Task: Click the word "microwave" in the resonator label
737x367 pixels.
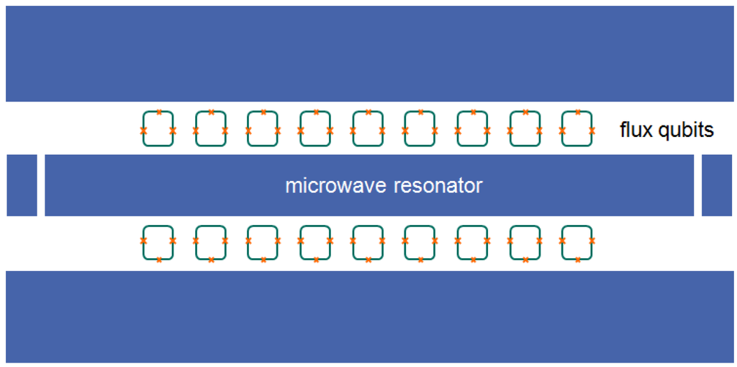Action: tap(335, 186)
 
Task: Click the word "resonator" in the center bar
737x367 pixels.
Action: tap(438, 186)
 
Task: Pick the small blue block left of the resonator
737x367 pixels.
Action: tap(22, 185)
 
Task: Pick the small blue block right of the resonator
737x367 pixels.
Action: tap(716, 185)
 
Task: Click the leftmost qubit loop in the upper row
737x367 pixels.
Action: tap(158, 129)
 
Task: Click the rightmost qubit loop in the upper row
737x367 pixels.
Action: tap(577, 129)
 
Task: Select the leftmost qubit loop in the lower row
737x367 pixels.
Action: tap(158, 242)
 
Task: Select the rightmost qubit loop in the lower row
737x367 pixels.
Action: tap(577, 242)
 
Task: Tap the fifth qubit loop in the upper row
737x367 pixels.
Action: tap(368, 129)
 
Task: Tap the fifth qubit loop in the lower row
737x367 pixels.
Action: tap(368, 242)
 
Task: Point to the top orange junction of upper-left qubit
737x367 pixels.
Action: tap(158, 112)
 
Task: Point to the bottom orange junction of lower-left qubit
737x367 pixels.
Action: tap(158, 260)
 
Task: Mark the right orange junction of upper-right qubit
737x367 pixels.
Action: tap(592, 131)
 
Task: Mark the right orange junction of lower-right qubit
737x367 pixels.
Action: tap(592, 240)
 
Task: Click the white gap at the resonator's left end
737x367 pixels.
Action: tap(41, 185)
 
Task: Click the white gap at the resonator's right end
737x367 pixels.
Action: tap(697, 185)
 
